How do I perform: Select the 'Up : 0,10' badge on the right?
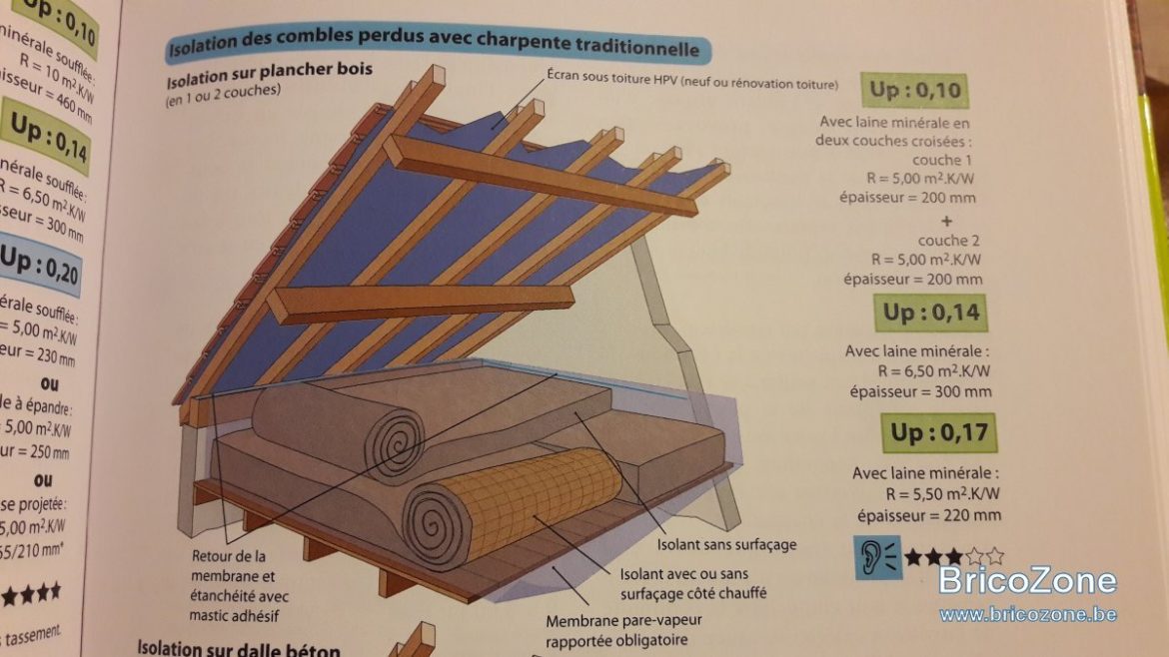[x=915, y=91]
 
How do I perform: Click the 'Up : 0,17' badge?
[x=938, y=432]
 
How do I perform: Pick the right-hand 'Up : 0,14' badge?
[x=931, y=314]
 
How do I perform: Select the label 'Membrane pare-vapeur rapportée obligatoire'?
[x=616, y=630]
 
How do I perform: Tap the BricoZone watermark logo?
[x=1027, y=581]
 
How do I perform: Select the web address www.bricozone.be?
[x=1027, y=613]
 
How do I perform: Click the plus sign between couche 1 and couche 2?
[x=944, y=220]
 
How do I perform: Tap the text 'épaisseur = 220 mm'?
[x=928, y=515]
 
